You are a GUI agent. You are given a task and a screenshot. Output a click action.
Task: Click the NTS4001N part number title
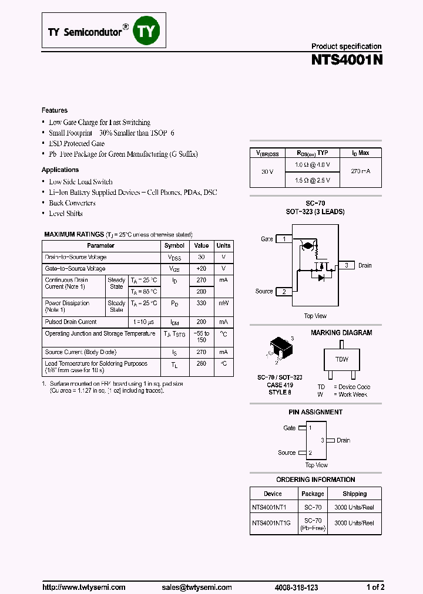pyautogui.click(x=347, y=59)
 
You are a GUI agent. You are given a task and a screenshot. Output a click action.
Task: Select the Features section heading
pyautogui.click(x=55, y=110)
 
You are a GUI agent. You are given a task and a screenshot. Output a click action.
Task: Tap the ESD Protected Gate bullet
pyautogui.click(x=76, y=144)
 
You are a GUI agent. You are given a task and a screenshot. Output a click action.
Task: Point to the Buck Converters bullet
pyautogui.click(x=72, y=203)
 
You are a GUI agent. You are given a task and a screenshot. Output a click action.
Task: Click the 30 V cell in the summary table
pyautogui.click(x=267, y=171)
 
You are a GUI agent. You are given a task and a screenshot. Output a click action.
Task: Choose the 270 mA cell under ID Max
pyautogui.click(x=361, y=171)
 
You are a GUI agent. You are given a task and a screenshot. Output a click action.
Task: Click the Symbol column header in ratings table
pyautogui.click(x=174, y=246)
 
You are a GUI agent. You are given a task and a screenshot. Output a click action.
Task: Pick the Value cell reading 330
pyautogui.click(x=202, y=303)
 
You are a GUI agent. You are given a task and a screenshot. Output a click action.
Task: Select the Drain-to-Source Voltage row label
pyautogui.click(x=76, y=258)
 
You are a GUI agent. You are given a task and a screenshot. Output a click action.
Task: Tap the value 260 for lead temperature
pyautogui.click(x=202, y=364)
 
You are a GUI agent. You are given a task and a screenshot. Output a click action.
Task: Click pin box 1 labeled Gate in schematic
pyautogui.click(x=284, y=239)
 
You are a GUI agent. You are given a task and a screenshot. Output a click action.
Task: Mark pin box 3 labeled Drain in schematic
pyautogui.click(x=347, y=265)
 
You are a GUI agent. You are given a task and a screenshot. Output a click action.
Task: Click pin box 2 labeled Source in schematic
pyautogui.click(x=284, y=292)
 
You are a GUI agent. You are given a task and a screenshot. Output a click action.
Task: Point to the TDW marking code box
pyautogui.click(x=341, y=359)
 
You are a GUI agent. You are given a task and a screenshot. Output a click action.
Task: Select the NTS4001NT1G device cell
pyautogui.click(x=273, y=523)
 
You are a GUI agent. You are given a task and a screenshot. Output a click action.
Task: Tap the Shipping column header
pyautogui.click(x=354, y=494)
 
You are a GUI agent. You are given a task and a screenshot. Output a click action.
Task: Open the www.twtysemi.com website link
pyautogui.click(x=83, y=587)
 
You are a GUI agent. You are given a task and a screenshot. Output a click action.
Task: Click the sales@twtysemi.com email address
pyautogui.click(x=197, y=587)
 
